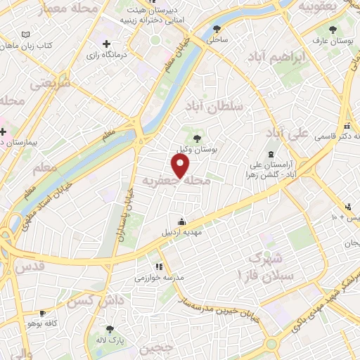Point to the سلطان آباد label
pos(214,106)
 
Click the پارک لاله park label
pos(110,340)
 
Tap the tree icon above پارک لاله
pos(109,329)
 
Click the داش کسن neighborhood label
pos(82,302)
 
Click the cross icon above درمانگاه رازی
pos(106,44)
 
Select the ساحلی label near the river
pos(217,40)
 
